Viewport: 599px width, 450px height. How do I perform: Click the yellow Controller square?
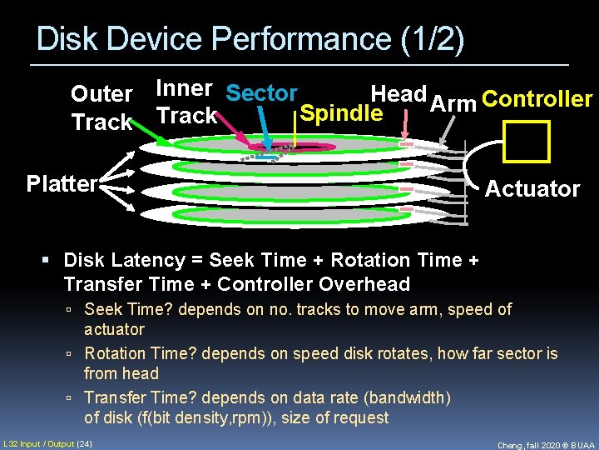tap(527, 141)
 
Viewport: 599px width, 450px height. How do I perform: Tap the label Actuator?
tap(532, 189)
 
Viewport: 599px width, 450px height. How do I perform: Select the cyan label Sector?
tap(261, 93)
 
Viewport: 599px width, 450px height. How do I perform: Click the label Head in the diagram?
tap(399, 94)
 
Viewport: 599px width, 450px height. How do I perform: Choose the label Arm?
tap(453, 103)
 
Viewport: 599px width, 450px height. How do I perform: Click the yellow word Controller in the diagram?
tap(537, 100)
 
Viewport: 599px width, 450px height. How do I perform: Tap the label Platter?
tap(62, 183)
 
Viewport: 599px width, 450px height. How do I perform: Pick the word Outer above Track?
tap(101, 94)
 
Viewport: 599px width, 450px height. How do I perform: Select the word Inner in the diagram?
tap(184, 88)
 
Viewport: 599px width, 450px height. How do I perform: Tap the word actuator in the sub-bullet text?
tap(114, 329)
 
